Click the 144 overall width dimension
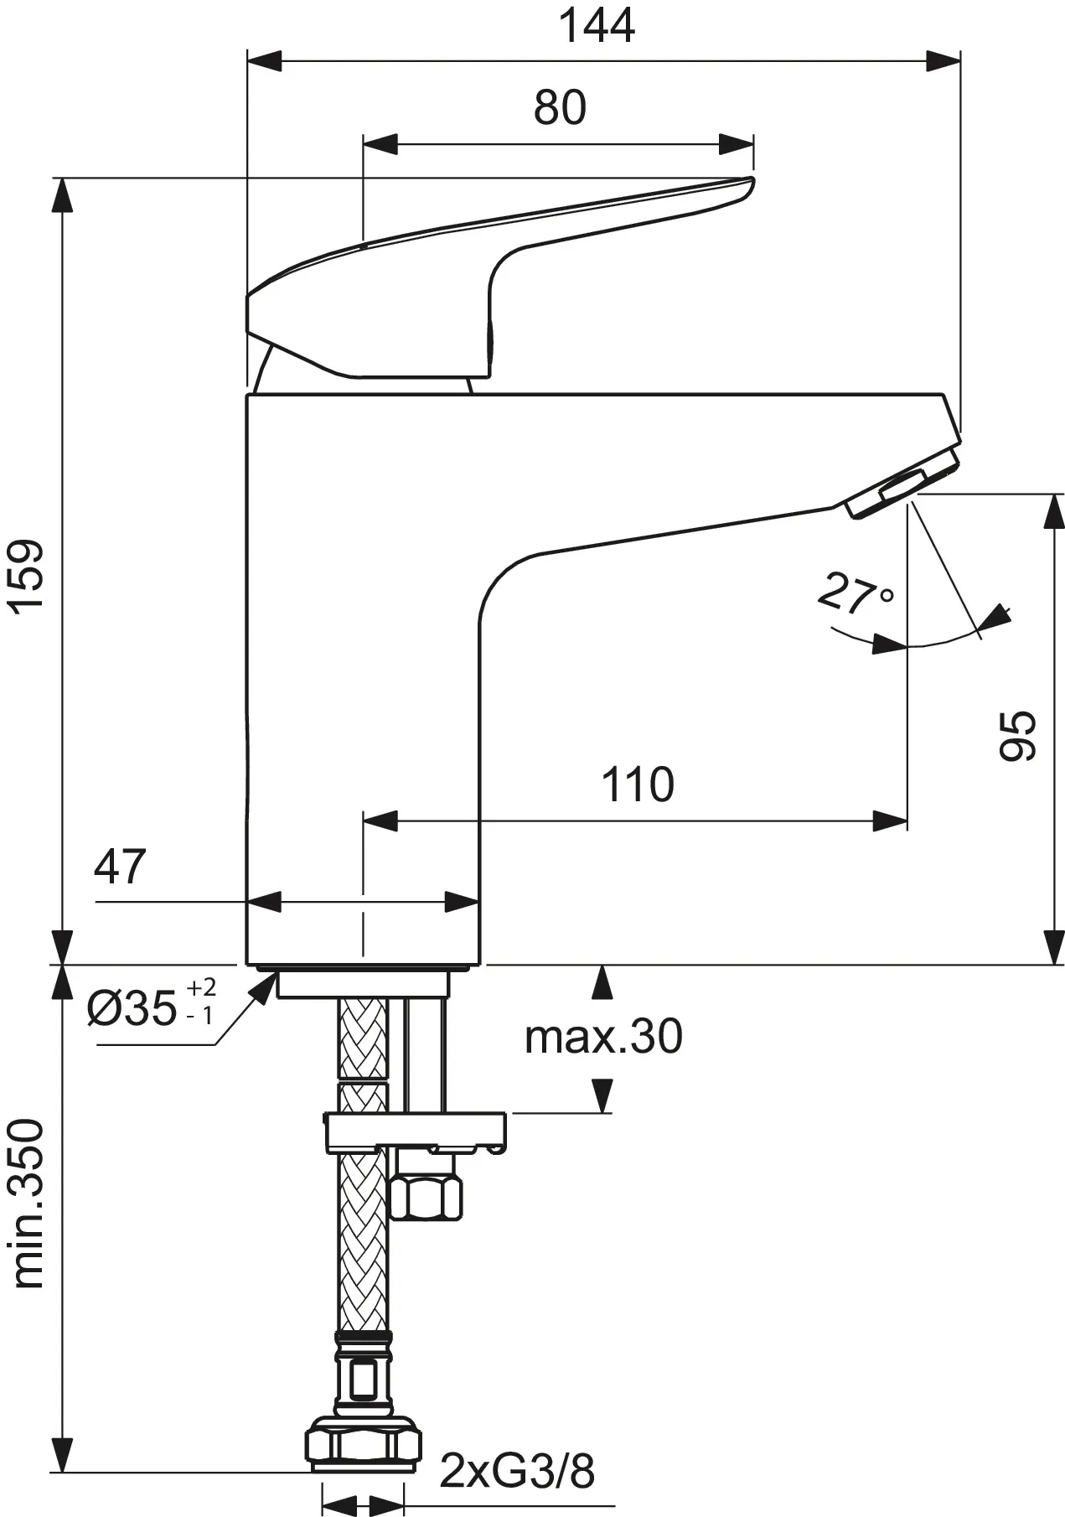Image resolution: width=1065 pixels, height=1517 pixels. point(597,26)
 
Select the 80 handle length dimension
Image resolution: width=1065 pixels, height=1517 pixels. point(560,108)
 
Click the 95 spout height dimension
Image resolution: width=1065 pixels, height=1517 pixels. point(1018,735)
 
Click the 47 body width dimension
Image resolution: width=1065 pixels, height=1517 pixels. point(120,867)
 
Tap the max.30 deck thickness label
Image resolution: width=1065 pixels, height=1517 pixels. point(603,1037)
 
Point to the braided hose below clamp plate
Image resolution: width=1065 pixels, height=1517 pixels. point(362,1240)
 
